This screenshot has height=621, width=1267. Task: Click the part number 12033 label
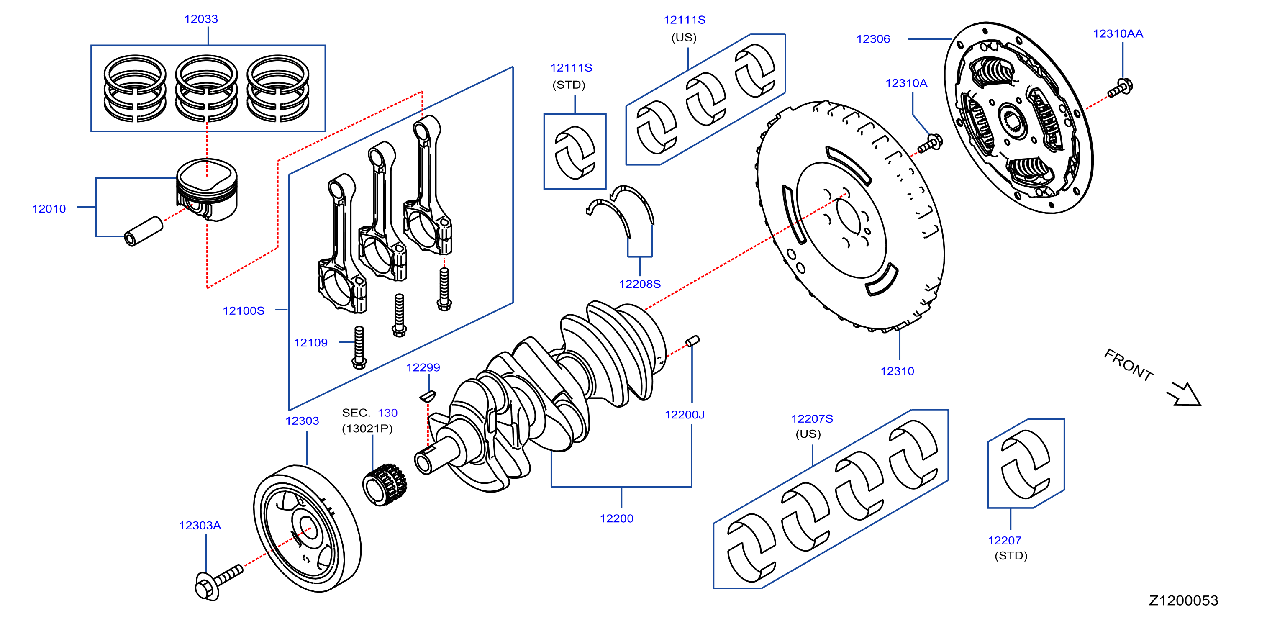(201, 19)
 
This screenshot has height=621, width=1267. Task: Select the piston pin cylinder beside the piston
(144, 231)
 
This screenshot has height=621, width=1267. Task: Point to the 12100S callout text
(244, 310)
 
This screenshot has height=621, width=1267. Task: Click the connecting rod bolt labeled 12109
(359, 347)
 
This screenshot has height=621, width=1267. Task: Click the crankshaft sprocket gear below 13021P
(385, 484)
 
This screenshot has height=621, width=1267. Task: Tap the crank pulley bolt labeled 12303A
(218, 582)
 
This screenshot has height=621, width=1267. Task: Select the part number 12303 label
(302, 421)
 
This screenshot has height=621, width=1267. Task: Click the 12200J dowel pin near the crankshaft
(692, 341)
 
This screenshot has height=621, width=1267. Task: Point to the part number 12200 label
(616, 518)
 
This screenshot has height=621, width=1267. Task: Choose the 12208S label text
(639, 284)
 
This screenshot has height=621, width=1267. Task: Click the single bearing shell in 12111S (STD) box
(575, 151)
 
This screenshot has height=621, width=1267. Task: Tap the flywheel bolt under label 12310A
(930, 143)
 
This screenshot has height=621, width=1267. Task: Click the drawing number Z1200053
(1183, 600)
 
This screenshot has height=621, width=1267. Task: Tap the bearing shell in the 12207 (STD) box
(1026, 464)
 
